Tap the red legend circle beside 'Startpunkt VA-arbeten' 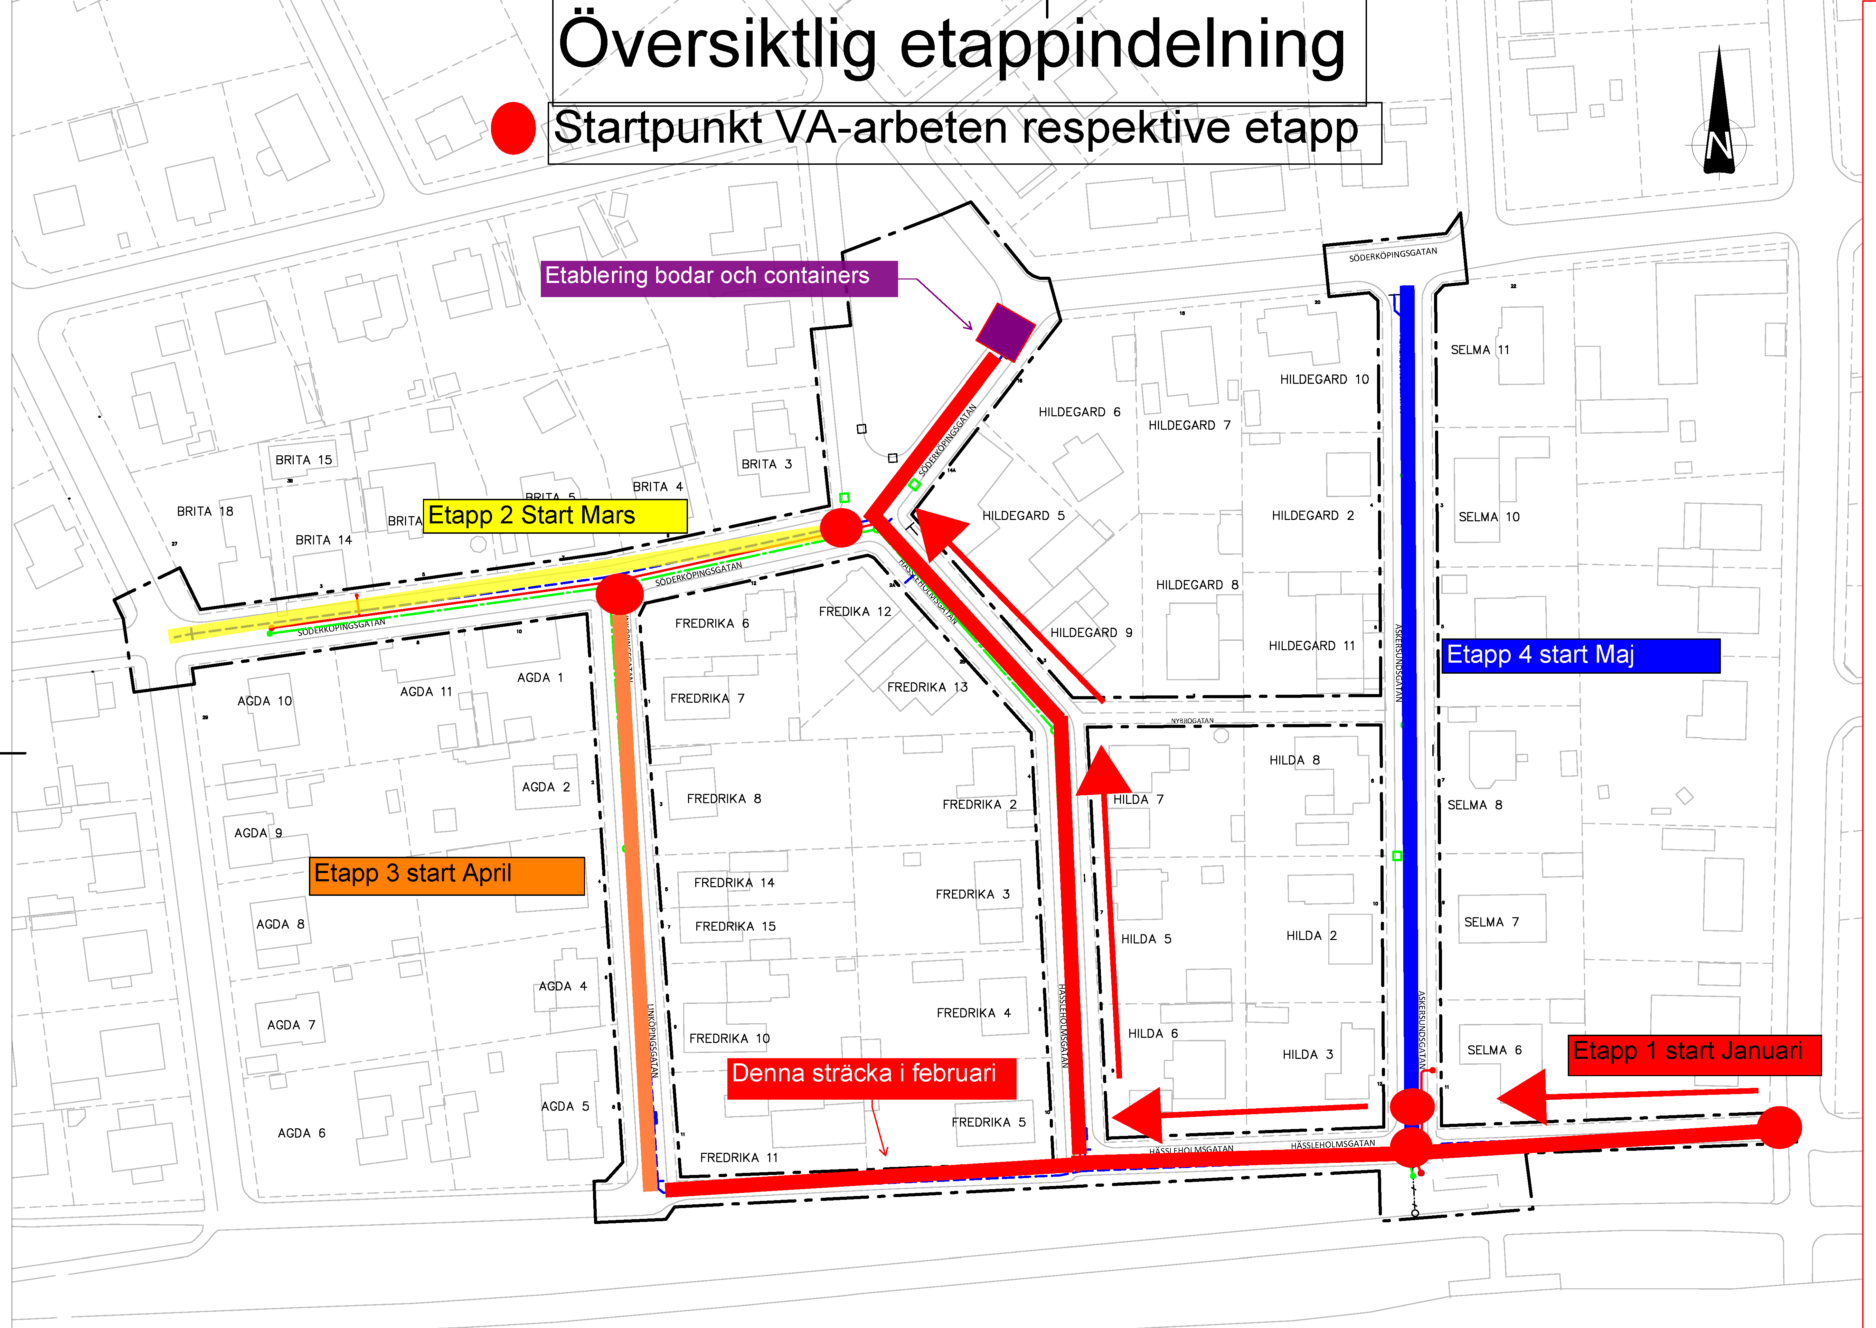click(513, 129)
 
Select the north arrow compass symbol click(1718, 114)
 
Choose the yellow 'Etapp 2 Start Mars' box click(555, 516)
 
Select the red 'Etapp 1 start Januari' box click(1694, 1053)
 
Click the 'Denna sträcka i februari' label click(871, 1076)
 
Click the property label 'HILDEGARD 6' click(1079, 412)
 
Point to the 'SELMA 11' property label click(1479, 350)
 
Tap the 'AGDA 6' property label click(301, 1133)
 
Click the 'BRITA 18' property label click(205, 512)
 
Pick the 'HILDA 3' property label click(1307, 1055)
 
